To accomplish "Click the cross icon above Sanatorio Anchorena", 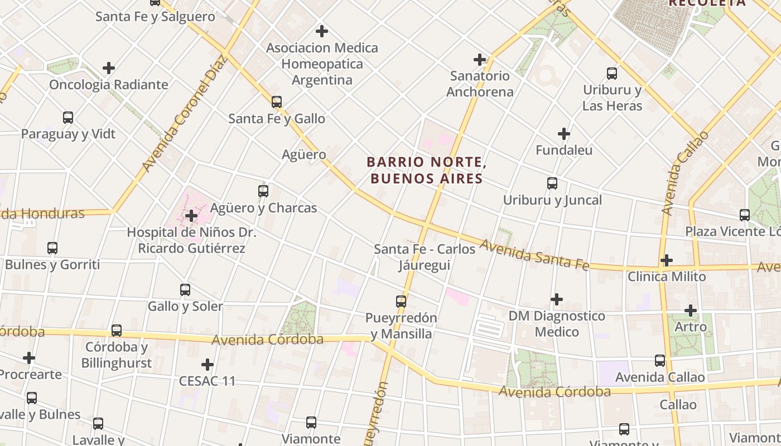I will [480, 60].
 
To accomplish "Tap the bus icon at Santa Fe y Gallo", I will [277, 102].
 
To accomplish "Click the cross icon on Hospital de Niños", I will [191, 216].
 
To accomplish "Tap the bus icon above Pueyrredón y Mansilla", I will [401, 302].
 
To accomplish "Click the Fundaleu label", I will [564, 150].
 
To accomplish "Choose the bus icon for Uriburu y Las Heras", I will [612, 74].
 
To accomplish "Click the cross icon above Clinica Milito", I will [667, 260].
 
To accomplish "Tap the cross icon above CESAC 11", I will [208, 365].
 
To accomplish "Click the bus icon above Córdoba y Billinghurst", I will [117, 331].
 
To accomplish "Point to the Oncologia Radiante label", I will [109, 85].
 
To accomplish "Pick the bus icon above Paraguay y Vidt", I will [68, 118].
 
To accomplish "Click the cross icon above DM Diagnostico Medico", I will [557, 300].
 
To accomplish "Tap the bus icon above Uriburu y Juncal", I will [552, 183].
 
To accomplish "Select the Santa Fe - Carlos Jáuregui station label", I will [425, 257].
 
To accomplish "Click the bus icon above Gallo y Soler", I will [185, 290].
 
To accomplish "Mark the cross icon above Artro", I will [691, 311].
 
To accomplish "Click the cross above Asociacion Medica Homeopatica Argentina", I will [322, 31].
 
